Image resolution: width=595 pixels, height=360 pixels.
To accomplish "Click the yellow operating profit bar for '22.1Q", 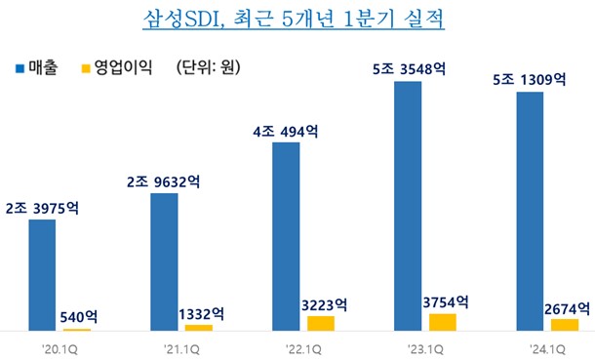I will click(x=320, y=323).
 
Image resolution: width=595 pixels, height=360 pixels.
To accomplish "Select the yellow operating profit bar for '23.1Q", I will click(x=442, y=322).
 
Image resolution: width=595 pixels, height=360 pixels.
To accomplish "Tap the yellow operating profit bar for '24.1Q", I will click(x=564, y=324).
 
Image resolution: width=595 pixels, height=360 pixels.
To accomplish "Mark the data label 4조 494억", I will click(x=287, y=131).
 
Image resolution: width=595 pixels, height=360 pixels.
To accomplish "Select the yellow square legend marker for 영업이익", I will click(x=86, y=69).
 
